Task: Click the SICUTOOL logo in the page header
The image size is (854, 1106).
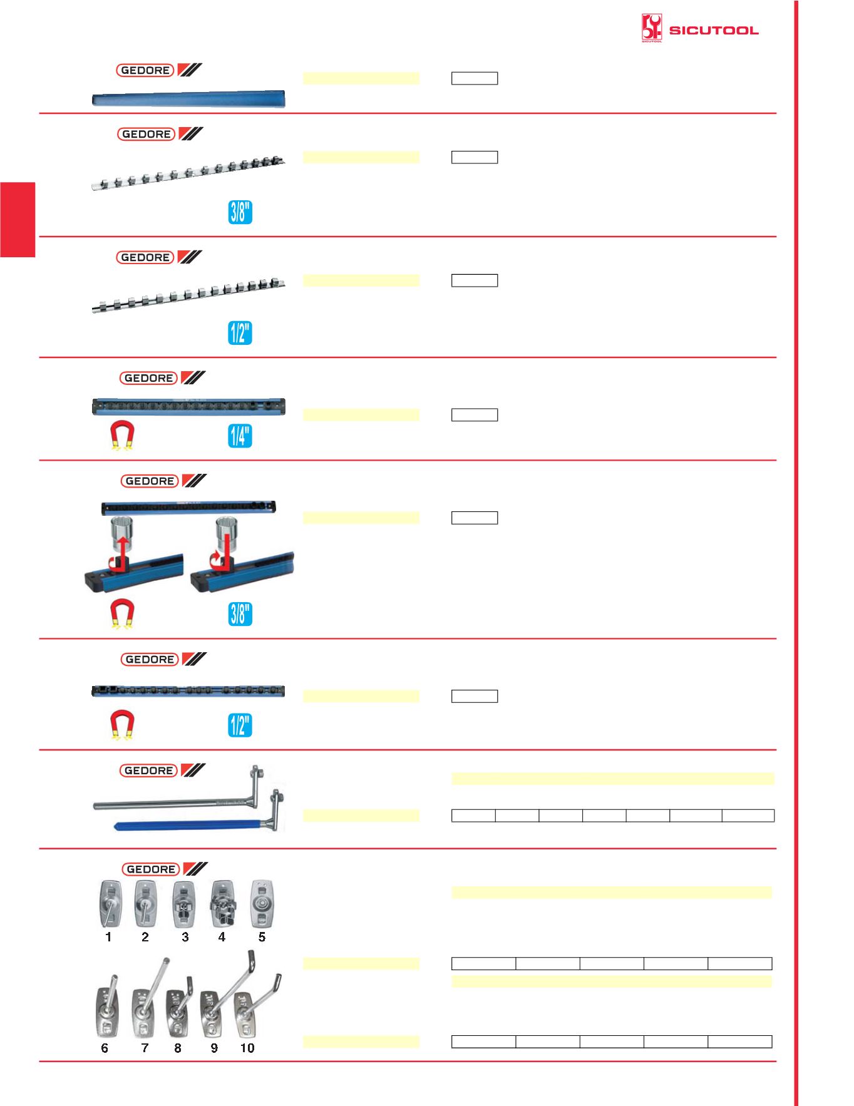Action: click(700, 29)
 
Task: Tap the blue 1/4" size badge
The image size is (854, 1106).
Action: click(240, 436)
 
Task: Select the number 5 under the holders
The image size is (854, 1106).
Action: click(262, 937)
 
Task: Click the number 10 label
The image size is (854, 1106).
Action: click(247, 1048)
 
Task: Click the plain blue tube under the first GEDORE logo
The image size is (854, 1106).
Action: click(188, 99)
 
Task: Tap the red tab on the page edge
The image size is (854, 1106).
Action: click(18, 220)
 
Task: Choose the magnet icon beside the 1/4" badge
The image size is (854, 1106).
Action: click(122, 435)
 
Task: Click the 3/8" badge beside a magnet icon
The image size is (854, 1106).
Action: click(240, 614)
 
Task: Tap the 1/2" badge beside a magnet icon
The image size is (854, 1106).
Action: click(240, 725)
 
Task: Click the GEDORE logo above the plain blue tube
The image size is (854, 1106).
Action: click(159, 70)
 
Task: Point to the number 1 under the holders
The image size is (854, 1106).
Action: click(109, 937)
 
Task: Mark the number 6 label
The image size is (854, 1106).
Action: click(105, 1048)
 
